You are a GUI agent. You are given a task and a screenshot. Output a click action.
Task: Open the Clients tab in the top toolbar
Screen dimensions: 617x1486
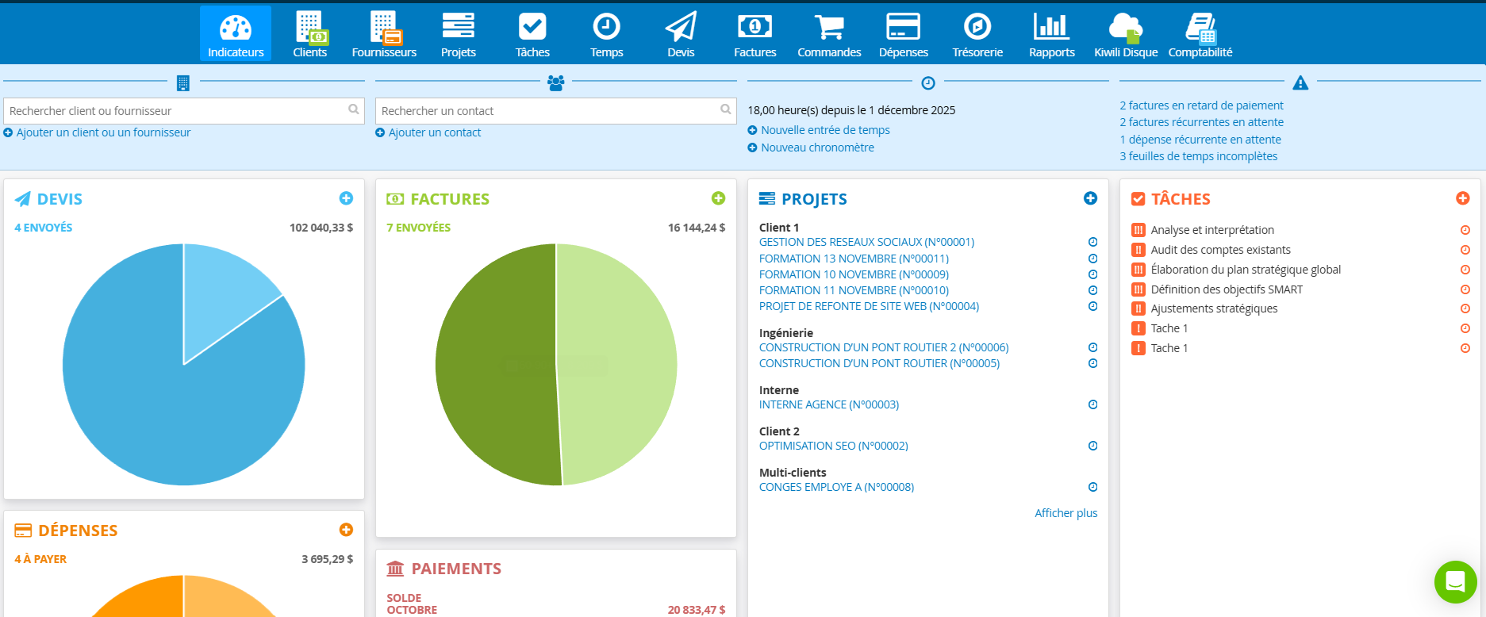pyautogui.click(x=309, y=34)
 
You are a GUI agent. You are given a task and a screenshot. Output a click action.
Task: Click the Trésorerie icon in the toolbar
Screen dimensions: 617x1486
pyautogui.click(x=977, y=34)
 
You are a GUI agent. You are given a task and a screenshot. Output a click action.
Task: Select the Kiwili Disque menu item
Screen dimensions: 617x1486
pyautogui.click(x=1125, y=34)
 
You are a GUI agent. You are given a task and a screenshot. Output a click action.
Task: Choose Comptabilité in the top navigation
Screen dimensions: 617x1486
pyautogui.click(x=1200, y=34)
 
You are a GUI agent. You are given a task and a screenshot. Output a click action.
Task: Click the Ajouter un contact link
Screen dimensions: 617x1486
pyautogui.click(x=434, y=132)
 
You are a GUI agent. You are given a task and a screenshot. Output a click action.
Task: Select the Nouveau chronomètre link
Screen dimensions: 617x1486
pyautogui.click(x=816, y=148)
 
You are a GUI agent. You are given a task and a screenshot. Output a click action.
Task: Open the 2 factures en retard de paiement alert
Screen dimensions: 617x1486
pyautogui.click(x=1201, y=105)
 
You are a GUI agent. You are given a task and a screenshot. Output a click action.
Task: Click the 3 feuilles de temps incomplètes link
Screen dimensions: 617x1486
pyautogui.click(x=1198, y=156)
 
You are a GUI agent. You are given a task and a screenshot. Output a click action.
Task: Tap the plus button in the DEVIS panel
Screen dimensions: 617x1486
pyautogui.click(x=346, y=198)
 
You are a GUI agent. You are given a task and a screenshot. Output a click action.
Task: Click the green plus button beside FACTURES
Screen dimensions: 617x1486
pyautogui.click(x=718, y=198)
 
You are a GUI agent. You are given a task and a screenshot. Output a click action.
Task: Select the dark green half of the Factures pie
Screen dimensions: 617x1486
pyautogui.click(x=492, y=365)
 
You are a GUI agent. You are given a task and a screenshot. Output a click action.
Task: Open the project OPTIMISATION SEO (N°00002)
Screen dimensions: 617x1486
pyautogui.click(x=833, y=446)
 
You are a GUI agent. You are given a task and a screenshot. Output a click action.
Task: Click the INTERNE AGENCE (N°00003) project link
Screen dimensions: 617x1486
pyautogui.click(x=828, y=404)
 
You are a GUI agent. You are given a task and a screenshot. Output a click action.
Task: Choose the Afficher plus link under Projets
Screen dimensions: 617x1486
pyautogui.click(x=1066, y=513)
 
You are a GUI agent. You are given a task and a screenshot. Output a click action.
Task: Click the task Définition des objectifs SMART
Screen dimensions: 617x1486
pyautogui.click(x=1226, y=289)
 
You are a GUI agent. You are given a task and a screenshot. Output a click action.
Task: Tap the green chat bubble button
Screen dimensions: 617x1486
pyautogui.click(x=1455, y=581)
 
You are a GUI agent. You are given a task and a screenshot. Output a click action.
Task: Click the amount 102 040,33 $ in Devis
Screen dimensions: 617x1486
pyautogui.click(x=321, y=228)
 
